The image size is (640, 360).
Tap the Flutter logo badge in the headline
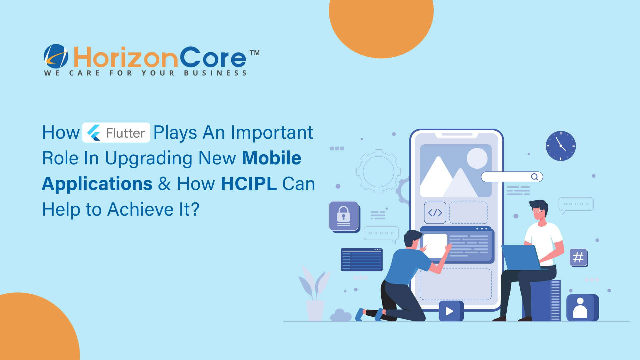[116, 133]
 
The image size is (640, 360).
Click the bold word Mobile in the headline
[272, 158]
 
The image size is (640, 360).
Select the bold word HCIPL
[249, 184]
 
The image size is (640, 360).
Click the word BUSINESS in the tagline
[215, 73]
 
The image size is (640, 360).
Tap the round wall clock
[561, 146]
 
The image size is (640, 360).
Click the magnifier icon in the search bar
[534, 177]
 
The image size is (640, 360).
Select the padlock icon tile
[344, 216]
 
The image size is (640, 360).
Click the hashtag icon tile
[578, 257]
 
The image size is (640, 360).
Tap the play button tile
[450, 311]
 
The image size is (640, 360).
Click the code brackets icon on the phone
[435, 212]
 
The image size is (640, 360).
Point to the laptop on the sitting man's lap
[521, 258]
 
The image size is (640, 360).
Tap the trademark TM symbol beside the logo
[255, 53]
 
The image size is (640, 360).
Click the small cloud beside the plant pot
[340, 315]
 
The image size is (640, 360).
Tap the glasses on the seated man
[537, 211]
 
